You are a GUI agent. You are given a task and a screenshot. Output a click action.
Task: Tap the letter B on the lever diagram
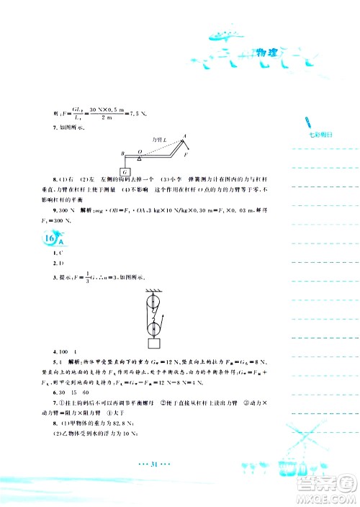[x=122, y=153]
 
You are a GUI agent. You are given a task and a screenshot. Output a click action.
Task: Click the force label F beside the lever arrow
[x=186, y=155]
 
